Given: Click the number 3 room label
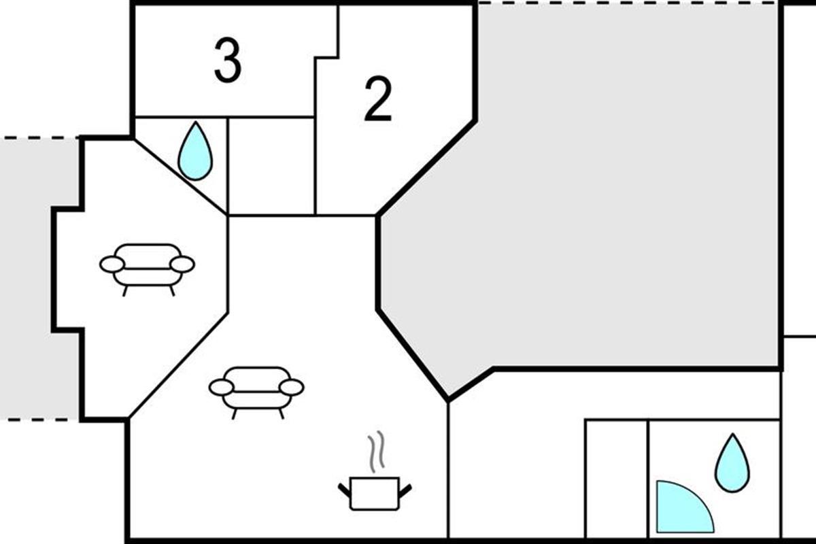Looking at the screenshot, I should click(x=228, y=61).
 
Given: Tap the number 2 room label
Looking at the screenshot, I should click(x=378, y=100).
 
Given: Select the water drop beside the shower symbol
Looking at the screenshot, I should click(x=732, y=463).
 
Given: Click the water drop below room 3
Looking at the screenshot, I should click(x=194, y=152).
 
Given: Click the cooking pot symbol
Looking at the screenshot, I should click(x=374, y=492).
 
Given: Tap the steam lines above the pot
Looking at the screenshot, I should click(x=376, y=452).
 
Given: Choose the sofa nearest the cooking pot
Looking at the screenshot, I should click(x=256, y=390).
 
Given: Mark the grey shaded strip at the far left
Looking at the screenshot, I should click(x=34, y=279).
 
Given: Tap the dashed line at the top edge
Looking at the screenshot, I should click(x=626, y=3).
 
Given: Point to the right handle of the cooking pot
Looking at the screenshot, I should click(x=406, y=488).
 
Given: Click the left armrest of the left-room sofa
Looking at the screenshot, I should click(x=112, y=264).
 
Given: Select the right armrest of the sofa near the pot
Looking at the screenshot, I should click(x=292, y=387).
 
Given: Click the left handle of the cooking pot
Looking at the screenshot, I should click(x=344, y=488).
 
